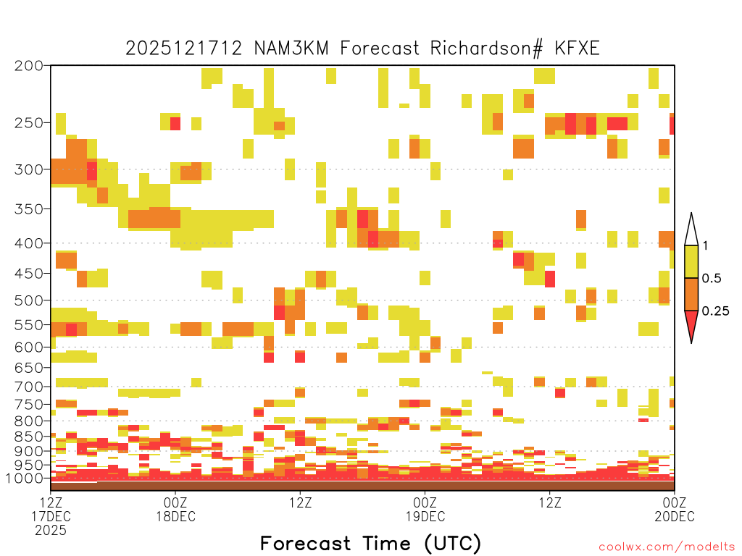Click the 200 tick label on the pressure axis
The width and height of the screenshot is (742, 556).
29,66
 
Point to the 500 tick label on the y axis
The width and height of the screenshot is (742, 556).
29,300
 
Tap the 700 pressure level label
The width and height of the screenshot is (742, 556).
29,387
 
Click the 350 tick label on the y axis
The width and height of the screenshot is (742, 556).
29,209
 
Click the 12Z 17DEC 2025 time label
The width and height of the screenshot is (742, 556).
51,516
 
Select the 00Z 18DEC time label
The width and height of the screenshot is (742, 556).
175,509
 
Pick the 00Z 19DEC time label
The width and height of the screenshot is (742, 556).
425,509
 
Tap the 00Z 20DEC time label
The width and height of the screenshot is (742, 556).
675,509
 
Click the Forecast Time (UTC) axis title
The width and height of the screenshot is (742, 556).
370,544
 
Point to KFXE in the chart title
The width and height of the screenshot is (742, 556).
578,49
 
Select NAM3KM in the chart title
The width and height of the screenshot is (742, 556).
291,49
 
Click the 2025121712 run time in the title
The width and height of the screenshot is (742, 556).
183,49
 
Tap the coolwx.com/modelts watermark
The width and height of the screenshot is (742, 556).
667,547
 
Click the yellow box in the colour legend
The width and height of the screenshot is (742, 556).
691,261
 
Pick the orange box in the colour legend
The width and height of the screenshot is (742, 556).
691,294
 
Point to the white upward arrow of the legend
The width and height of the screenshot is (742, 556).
691,231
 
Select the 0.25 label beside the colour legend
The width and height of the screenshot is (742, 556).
715,311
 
